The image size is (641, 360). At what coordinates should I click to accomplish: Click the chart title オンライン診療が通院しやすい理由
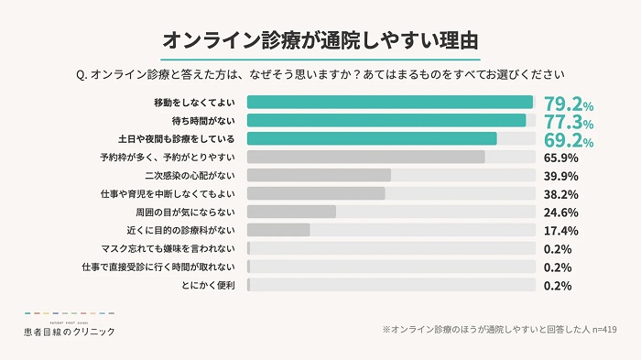click(320, 39)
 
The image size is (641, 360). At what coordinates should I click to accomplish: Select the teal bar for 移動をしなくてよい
click(390, 102)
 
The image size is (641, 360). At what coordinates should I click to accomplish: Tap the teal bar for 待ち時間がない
click(386, 120)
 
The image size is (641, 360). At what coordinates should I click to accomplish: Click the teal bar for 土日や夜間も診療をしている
click(372, 138)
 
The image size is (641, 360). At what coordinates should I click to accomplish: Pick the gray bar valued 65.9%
click(366, 157)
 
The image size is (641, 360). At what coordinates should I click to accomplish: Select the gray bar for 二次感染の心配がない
click(319, 175)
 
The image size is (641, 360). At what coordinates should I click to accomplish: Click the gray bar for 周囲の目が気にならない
click(291, 212)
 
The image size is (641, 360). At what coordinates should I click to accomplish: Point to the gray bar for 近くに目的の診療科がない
click(278, 230)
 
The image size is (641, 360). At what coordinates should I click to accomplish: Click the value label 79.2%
click(568, 103)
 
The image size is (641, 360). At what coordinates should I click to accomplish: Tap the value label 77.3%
click(568, 121)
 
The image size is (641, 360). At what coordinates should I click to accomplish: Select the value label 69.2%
click(568, 139)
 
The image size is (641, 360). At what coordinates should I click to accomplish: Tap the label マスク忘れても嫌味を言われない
click(171, 249)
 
